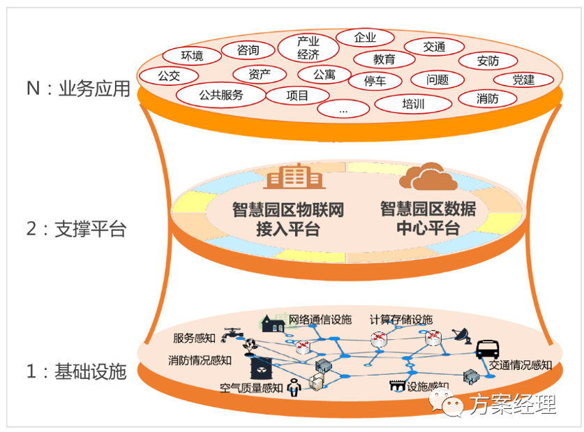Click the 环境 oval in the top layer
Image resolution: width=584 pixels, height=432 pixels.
tap(192, 55)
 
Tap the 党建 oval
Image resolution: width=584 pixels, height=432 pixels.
tap(523, 80)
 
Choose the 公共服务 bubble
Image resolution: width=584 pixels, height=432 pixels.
tap(221, 95)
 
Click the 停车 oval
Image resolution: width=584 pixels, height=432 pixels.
tap(375, 81)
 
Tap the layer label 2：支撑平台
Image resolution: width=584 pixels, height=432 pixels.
tap(76, 229)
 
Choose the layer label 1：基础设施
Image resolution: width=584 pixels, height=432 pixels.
tap(76, 371)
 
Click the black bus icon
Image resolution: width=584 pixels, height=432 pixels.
tap(486, 349)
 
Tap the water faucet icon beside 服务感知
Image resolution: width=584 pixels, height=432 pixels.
tap(228, 335)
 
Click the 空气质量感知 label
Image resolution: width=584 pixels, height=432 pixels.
tap(251, 387)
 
